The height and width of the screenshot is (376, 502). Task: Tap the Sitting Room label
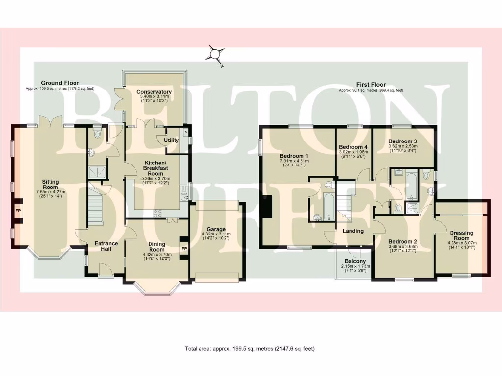(50, 184)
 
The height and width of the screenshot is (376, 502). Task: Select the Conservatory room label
(154, 92)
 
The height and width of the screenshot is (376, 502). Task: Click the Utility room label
(172, 141)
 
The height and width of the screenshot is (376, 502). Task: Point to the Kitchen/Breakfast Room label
(155, 168)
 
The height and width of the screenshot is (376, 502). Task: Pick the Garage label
(216, 229)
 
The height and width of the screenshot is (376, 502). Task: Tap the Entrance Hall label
(106, 246)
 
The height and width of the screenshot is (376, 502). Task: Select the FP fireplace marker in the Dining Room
(185, 249)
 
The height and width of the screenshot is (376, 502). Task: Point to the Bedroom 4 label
(353, 147)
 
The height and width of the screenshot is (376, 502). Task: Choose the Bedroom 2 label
(402, 241)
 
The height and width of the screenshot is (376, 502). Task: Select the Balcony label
(352, 261)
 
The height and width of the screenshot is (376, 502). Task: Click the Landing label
(353, 231)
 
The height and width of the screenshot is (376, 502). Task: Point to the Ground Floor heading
(60, 83)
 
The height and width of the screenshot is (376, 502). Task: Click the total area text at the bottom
(250, 349)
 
